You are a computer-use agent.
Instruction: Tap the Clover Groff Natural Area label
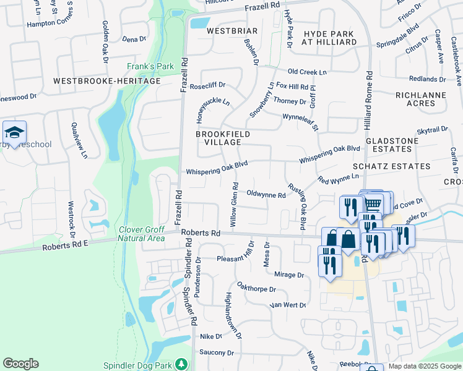click(x=142, y=234)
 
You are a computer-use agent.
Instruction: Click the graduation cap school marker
click(x=14, y=132)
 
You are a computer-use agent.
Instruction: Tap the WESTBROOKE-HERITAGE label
click(x=106, y=81)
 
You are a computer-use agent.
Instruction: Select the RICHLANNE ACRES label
click(x=421, y=99)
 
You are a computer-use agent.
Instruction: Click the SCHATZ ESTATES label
click(x=391, y=166)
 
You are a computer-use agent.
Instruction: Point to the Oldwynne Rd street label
click(x=266, y=194)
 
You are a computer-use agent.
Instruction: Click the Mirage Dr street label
click(x=288, y=275)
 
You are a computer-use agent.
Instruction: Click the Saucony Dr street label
click(x=217, y=353)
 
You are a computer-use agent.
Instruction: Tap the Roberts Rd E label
click(x=66, y=245)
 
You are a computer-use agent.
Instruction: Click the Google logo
click(x=20, y=364)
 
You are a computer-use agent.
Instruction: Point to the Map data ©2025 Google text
click(x=424, y=366)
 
